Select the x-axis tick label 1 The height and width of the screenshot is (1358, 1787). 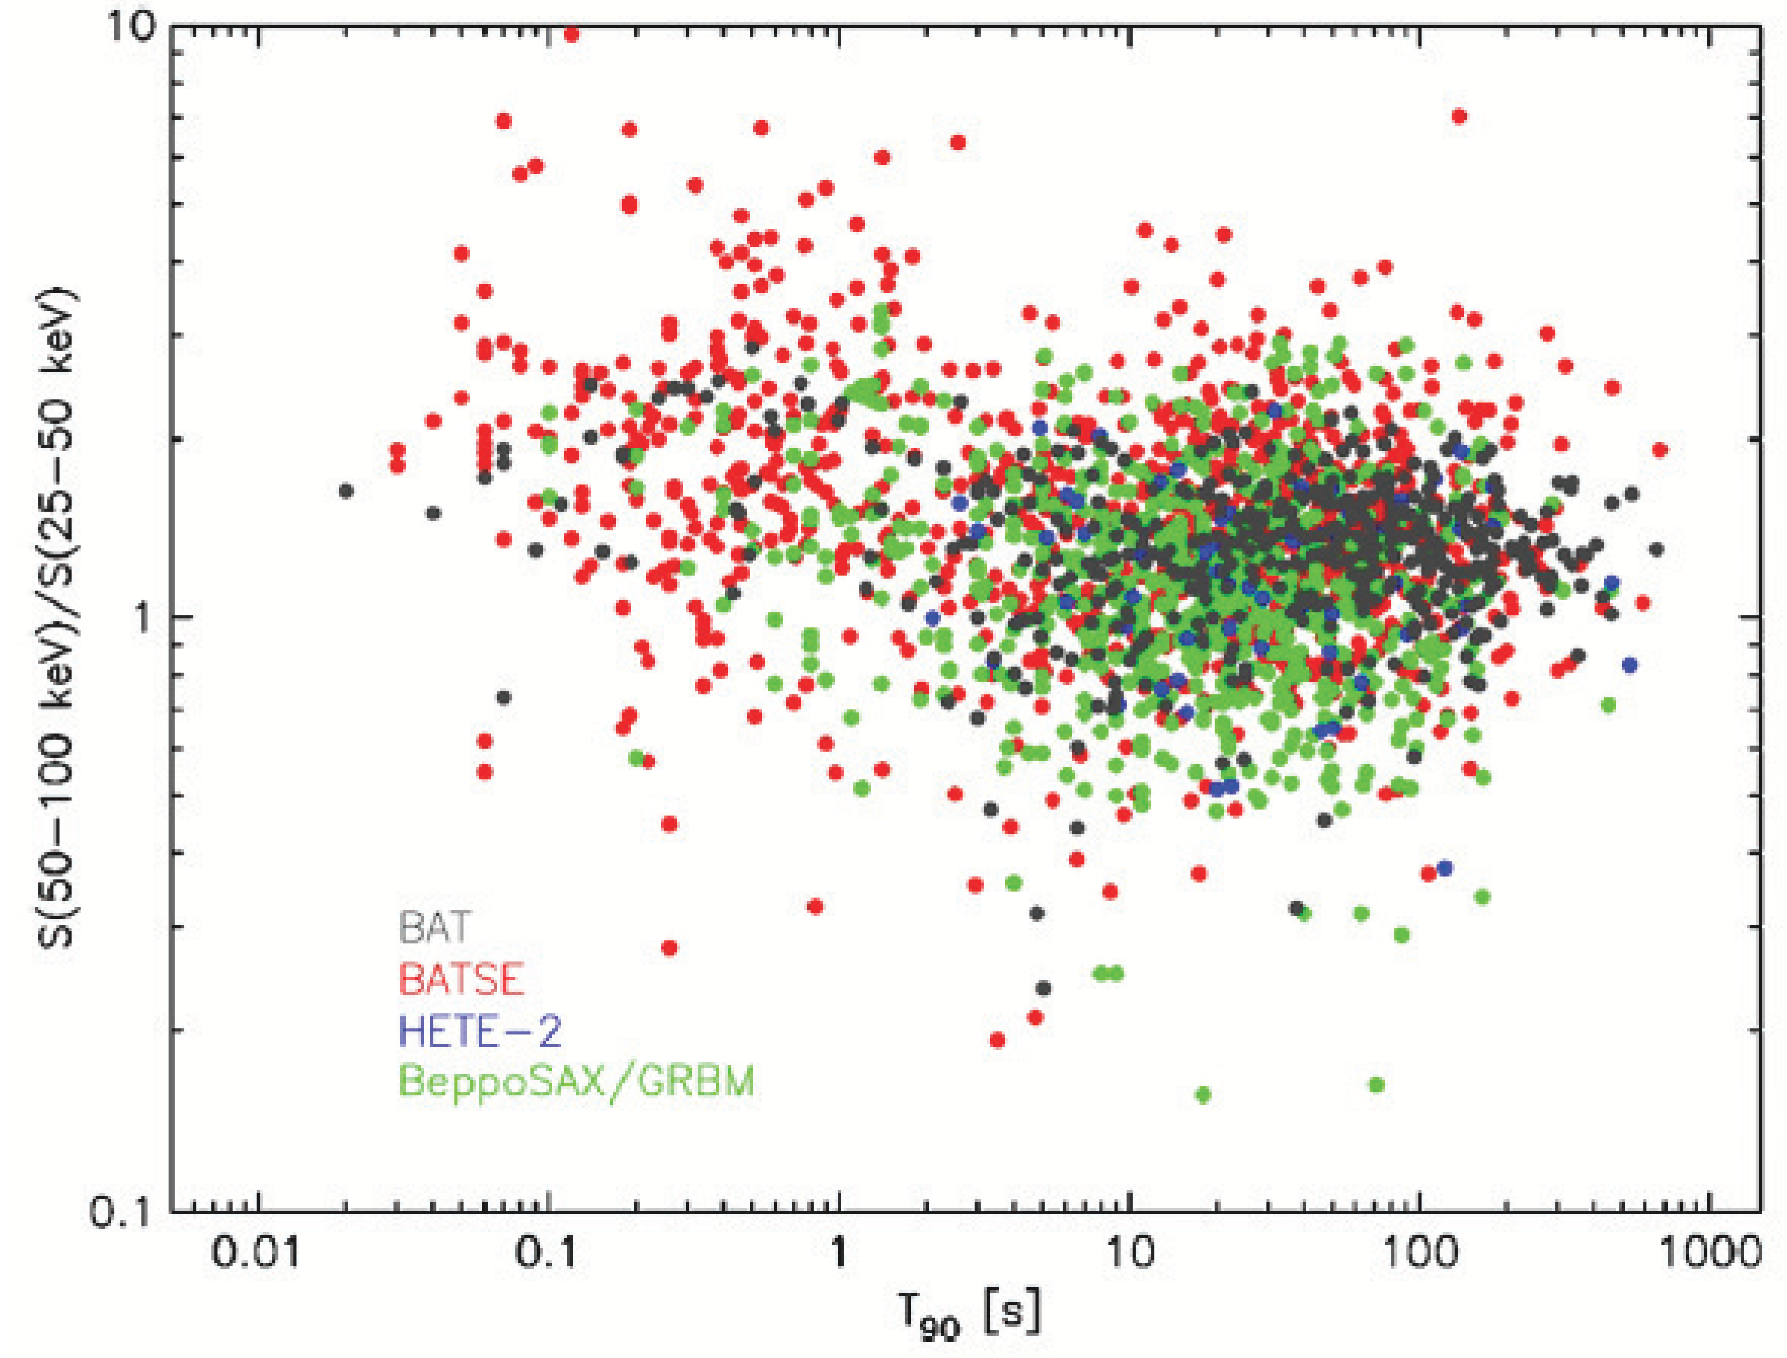pos(838,1255)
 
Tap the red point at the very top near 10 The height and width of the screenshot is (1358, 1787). pos(572,34)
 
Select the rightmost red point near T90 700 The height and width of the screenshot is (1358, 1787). pos(1660,450)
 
